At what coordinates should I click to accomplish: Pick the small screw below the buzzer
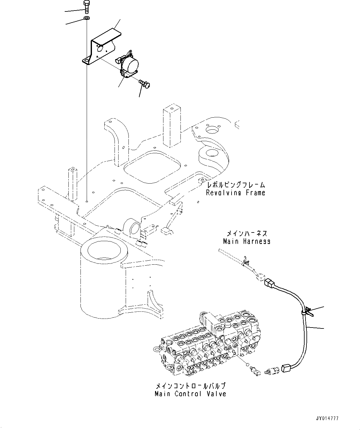[x=144, y=82]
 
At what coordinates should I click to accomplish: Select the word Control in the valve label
[x=188, y=394]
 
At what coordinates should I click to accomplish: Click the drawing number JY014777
[x=327, y=418]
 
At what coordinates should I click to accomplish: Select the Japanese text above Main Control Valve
[x=190, y=386]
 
